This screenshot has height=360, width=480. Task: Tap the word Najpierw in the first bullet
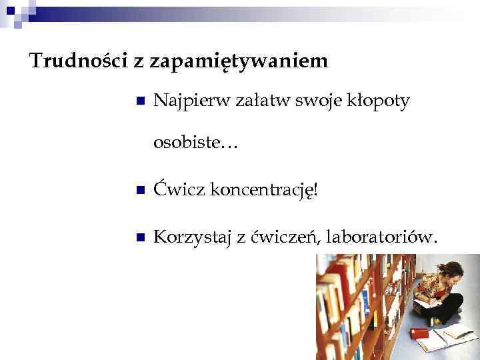coord(191,101)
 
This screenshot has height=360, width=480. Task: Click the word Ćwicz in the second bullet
coord(179,190)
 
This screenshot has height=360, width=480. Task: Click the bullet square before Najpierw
coord(140,102)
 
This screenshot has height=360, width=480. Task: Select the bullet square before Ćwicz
coord(140,191)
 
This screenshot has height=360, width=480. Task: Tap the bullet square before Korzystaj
coord(140,238)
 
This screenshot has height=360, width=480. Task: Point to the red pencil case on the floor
coord(421,331)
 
